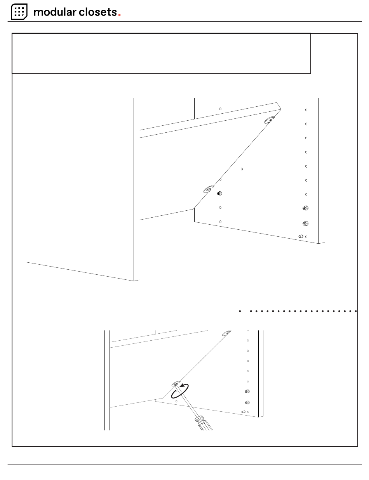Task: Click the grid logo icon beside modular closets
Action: click(19, 12)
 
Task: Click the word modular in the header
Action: click(55, 12)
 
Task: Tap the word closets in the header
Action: click(98, 12)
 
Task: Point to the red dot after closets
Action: click(119, 15)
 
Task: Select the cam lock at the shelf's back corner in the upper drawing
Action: click(270, 120)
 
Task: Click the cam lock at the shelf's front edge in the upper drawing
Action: click(209, 189)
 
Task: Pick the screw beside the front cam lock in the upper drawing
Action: click(219, 194)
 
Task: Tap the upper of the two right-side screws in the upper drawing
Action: click(305, 208)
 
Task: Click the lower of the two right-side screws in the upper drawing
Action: click(305, 224)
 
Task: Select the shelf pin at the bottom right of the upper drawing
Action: click(301, 236)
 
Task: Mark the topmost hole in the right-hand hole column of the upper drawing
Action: click(306, 110)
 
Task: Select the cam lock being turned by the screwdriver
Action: click(176, 384)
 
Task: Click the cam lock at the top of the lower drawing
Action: click(226, 333)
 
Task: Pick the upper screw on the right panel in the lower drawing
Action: click(247, 392)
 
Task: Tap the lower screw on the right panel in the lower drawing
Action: click(247, 403)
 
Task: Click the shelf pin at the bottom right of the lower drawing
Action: click(244, 412)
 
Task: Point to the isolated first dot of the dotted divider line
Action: click(240, 311)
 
